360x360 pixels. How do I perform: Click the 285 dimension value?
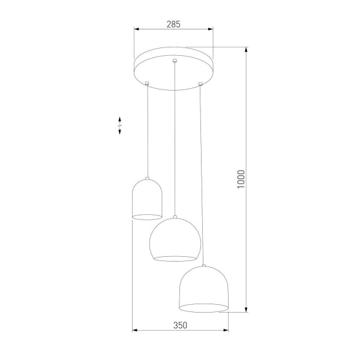pos(173,24)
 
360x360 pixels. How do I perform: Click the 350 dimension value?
pos(180,325)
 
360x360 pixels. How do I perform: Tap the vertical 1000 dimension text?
pos(241,179)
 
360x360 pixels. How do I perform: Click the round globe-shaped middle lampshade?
pos(173,241)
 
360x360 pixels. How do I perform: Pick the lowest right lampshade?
pos(204,289)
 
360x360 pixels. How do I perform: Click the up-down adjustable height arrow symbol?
pos(119,125)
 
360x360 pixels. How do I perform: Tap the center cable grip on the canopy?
pos(175,60)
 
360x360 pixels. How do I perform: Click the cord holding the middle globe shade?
pos(175,138)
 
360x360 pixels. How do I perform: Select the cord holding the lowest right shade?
pos(202,174)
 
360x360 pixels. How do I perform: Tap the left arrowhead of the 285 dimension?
pos(136,29)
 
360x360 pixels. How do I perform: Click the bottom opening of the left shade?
pos(147,215)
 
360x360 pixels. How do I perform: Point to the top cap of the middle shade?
pos(174,217)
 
